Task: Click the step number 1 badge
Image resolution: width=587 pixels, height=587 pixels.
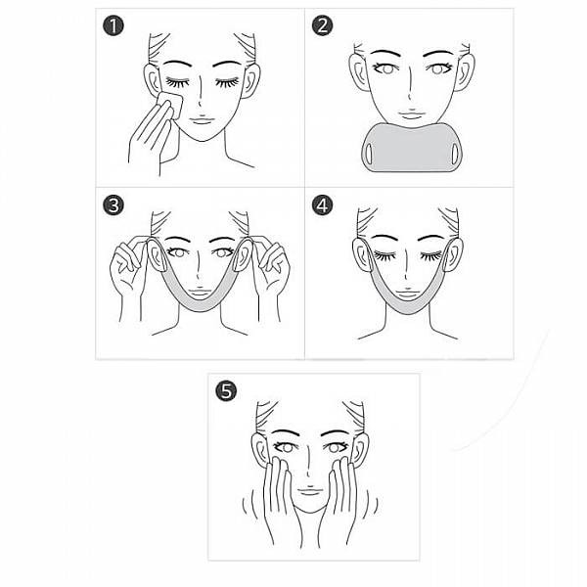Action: tap(113, 26)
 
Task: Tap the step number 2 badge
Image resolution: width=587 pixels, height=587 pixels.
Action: tap(322, 26)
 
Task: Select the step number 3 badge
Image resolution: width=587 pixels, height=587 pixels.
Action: tap(113, 205)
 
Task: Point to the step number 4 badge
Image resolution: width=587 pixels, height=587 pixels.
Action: tap(322, 205)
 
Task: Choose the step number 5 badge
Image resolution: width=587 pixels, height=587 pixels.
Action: tap(226, 391)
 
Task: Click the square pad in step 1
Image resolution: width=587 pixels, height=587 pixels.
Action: tap(170, 105)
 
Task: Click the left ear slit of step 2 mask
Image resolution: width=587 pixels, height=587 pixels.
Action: tap(369, 154)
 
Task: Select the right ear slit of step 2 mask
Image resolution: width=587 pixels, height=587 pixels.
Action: tap(455, 154)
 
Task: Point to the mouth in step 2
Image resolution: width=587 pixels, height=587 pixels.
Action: tap(411, 113)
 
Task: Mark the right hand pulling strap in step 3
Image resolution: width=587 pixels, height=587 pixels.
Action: tap(272, 273)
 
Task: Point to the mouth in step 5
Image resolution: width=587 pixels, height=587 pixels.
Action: tap(309, 491)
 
